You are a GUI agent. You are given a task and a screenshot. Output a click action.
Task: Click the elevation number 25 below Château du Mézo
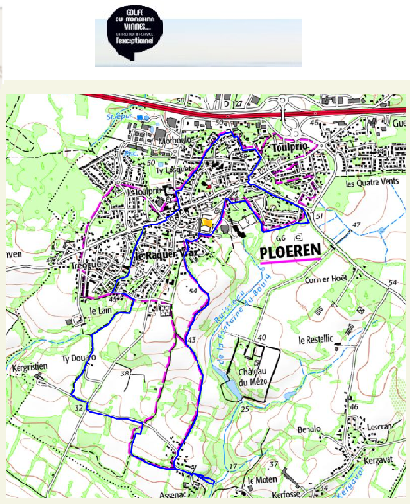point(245,408)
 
